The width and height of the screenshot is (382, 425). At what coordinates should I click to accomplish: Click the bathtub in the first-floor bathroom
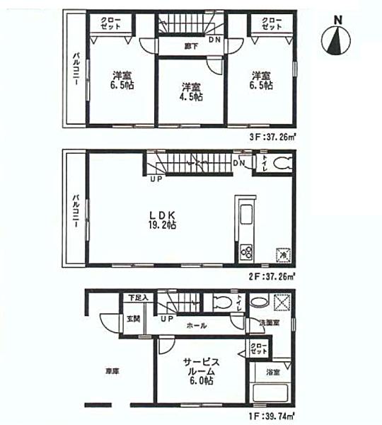(x=271, y=394)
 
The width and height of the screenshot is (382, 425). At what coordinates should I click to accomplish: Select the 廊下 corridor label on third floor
(x=189, y=47)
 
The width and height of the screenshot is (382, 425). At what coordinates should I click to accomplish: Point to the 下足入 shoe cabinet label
(x=138, y=297)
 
